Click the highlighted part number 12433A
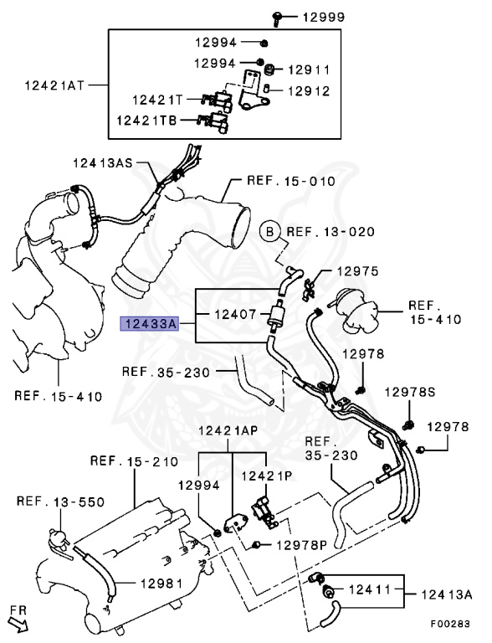150,324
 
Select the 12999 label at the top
324,18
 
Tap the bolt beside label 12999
277,18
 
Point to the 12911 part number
309,69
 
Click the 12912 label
309,90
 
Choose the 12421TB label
146,121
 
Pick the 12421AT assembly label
54,85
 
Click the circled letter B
269,232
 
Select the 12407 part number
235,315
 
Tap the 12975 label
358,271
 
